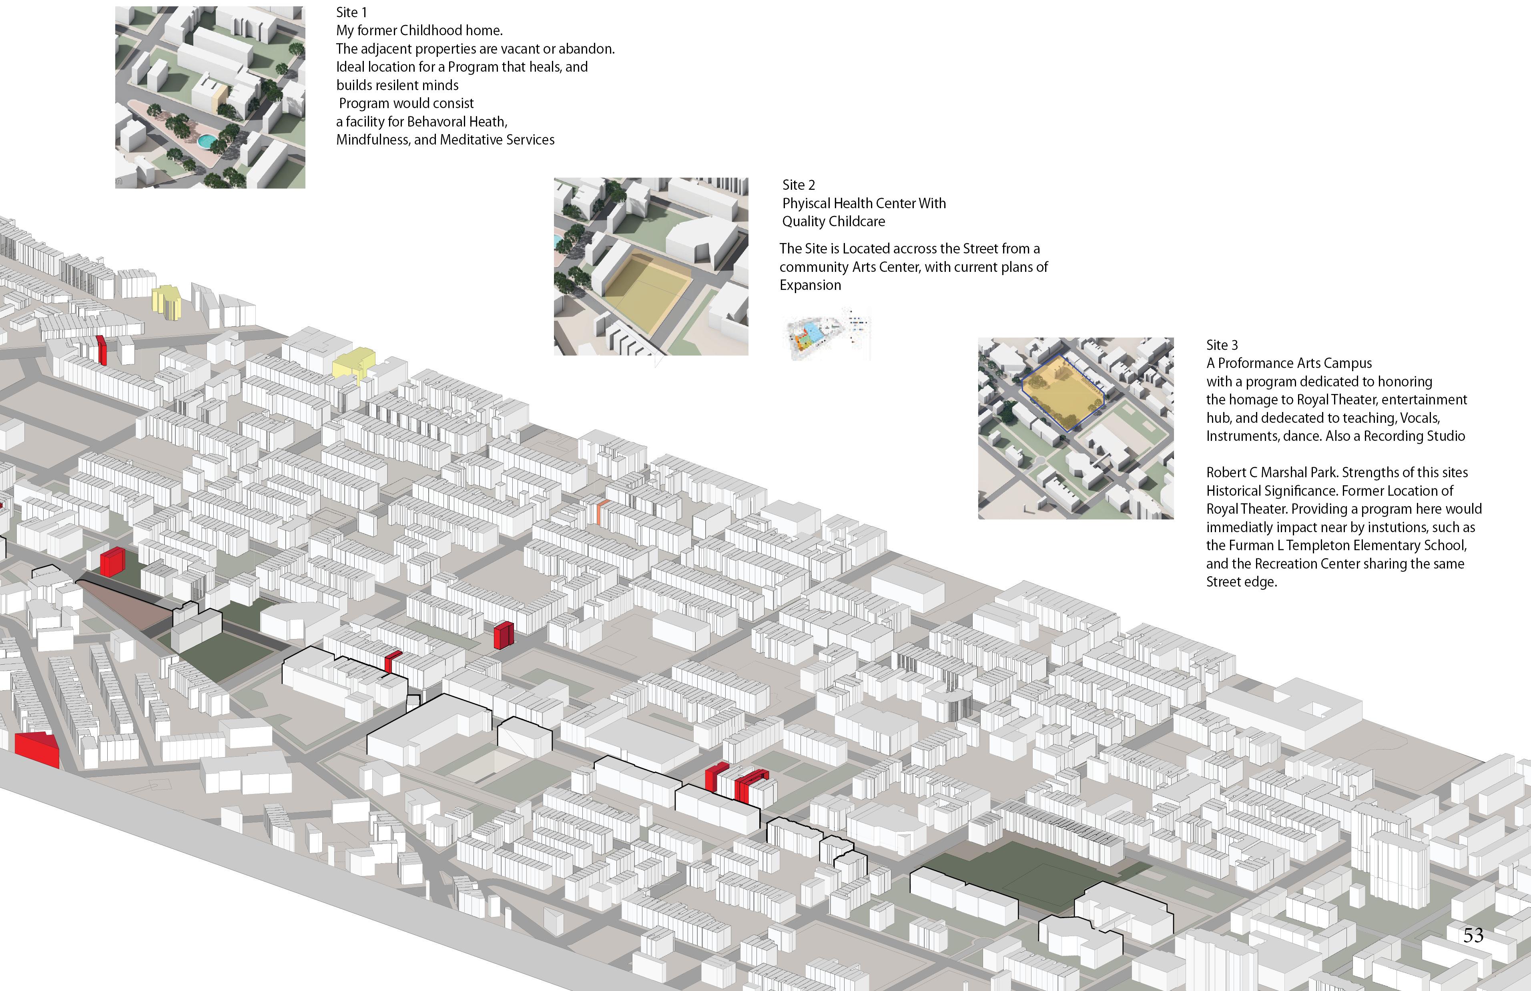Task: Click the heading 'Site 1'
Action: (x=351, y=12)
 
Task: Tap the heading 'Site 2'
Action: (x=798, y=185)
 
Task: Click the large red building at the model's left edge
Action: (x=37, y=750)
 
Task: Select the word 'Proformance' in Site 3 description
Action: (x=1256, y=364)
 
